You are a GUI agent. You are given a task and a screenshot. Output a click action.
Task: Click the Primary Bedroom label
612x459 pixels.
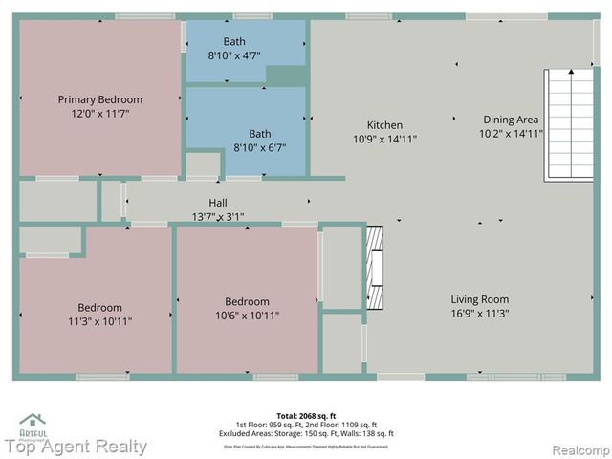click(x=99, y=99)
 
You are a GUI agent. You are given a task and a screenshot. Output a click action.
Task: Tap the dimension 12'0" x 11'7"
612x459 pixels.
click(x=99, y=113)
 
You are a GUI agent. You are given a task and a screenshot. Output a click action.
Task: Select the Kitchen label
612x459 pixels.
click(x=384, y=125)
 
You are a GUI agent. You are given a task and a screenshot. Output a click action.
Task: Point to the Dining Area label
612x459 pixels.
click(x=511, y=120)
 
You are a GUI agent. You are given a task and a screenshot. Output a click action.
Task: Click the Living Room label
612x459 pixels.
click(x=479, y=299)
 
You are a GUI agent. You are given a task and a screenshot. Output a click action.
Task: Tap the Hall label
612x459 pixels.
click(x=218, y=203)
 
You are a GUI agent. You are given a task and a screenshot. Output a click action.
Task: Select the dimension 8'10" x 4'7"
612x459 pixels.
click(x=234, y=55)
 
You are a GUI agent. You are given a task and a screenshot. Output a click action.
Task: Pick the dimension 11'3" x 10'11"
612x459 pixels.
click(x=99, y=321)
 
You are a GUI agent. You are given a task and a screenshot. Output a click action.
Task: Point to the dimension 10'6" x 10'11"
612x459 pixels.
click(x=247, y=316)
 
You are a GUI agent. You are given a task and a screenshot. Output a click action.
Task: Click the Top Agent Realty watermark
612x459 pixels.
click(x=76, y=447)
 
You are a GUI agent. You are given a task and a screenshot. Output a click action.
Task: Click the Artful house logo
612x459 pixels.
click(x=33, y=421)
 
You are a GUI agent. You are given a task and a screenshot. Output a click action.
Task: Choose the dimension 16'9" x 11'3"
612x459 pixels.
click(x=479, y=313)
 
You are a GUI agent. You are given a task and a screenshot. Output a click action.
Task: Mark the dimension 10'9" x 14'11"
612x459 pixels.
click(x=384, y=139)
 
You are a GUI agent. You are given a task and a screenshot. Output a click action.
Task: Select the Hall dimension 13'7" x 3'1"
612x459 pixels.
click(x=218, y=216)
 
